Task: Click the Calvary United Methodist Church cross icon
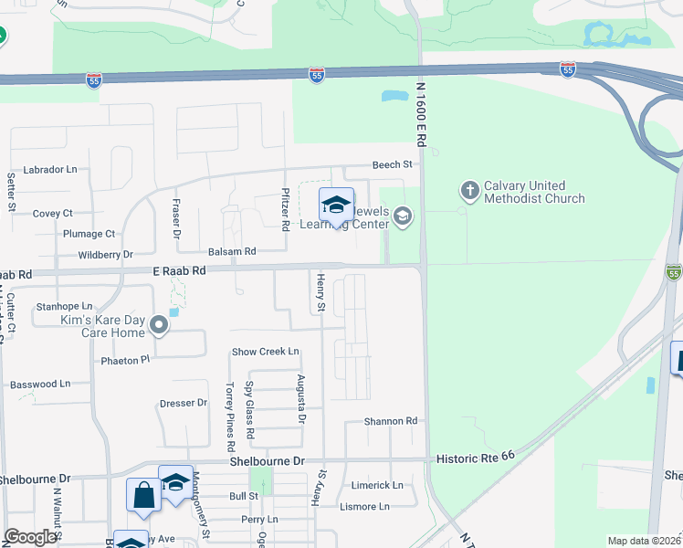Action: (x=469, y=191)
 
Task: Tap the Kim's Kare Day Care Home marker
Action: (x=160, y=324)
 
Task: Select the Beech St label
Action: (x=393, y=164)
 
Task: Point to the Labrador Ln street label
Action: (x=50, y=170)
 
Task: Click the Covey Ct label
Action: (x=52, y=213)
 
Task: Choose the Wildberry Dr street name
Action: (x=105, y=255)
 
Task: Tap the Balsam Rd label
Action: (x=232, y=251)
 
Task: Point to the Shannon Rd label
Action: (x=390, y=421)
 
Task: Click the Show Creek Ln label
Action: (x=265, y=351)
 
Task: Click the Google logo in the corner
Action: (x=30, y=537)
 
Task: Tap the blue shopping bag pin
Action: (x=143, y=496)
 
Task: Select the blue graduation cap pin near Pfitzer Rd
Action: (x=336, y=205)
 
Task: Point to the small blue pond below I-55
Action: (x=394, y=95)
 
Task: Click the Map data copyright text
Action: (x=644, y=541)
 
